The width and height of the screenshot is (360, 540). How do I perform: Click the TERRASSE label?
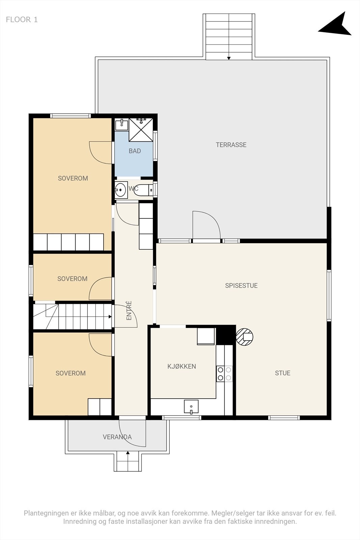tap(231, 145)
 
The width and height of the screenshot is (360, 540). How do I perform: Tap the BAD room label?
tap(135, 151)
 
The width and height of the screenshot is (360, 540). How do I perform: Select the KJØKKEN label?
tap(182, 367)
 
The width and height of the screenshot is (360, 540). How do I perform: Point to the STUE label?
tap(282, 373)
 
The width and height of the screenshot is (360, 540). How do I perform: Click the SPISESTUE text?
tap(241, 286)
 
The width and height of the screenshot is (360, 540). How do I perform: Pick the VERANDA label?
tap(117, 437)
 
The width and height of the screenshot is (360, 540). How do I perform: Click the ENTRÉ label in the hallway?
tap(129, 310)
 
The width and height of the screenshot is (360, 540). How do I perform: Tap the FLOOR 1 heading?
tap(22, 20)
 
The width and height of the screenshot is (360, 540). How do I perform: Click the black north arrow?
tap(337, 25)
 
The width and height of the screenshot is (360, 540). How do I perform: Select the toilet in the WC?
tap(143, 190)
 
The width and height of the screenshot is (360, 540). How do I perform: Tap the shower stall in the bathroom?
tap(141, 130)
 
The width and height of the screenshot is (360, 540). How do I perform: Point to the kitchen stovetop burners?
tap(224, 374)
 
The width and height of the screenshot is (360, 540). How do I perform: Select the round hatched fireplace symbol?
tap(244, 337)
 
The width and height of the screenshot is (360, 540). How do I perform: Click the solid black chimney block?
tap(226, 335)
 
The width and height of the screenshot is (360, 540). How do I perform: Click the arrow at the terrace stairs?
tap(229, 58)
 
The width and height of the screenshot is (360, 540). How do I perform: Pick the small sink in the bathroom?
tap(121, 125)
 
